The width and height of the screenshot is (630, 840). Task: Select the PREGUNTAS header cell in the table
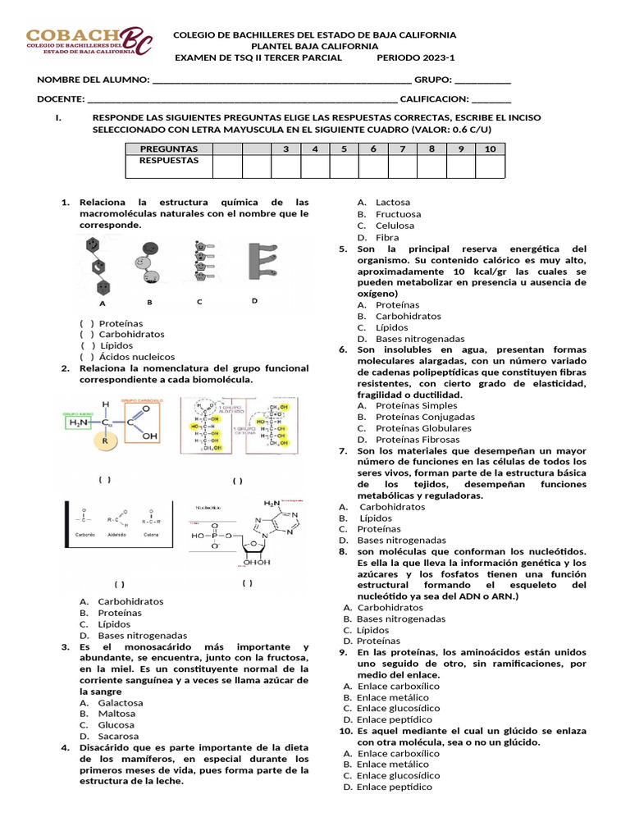point(169,149)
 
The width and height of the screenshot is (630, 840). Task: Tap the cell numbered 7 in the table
point(402,149)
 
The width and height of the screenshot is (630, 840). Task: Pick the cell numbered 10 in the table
point(490,149)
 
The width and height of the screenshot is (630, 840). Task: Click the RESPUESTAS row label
point(169,161)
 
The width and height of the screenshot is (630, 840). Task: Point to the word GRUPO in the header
point(432,80)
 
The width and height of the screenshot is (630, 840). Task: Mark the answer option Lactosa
point(393,203)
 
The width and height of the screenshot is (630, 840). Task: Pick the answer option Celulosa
point(395,226)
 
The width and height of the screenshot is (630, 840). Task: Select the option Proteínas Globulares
point(423,428)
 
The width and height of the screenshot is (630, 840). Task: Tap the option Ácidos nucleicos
point(137,358)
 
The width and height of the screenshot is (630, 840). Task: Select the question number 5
point(344,249)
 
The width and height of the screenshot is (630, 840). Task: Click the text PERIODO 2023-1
point(415,57)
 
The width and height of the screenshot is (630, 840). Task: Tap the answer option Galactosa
point(120,703)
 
